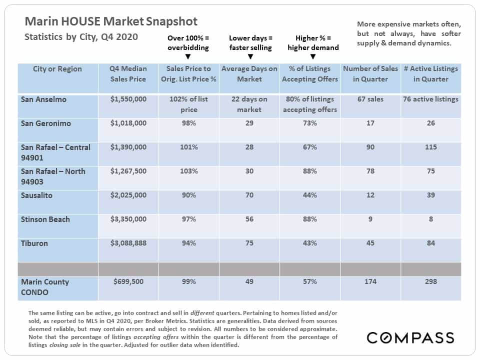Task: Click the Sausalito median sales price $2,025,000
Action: pos(128,195)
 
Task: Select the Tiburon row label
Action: pos(34,243)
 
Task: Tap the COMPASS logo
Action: pos(410,337)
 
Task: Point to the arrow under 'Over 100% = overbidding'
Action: pos(188,56)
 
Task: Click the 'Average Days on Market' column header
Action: pos(249,74)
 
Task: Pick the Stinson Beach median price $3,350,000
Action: pos(128,219)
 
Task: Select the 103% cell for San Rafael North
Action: pos(188,171)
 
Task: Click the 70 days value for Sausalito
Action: pos(249,195)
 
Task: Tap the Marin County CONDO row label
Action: pos(44,287)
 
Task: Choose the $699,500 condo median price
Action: pos(128,281)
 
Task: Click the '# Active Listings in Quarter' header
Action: pos(430,74)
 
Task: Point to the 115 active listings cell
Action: pos(430,147)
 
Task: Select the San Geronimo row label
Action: pos(45,123)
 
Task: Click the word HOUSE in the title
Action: pos(81,21)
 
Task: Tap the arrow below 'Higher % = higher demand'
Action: pos(313,56)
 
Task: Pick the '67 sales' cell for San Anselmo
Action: pos(370,99)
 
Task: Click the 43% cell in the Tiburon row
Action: pos(310,243)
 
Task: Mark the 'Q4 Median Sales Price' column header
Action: pos(128,74)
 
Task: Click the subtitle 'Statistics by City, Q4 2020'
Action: pos(81,37)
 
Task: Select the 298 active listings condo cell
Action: pos(430,281)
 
